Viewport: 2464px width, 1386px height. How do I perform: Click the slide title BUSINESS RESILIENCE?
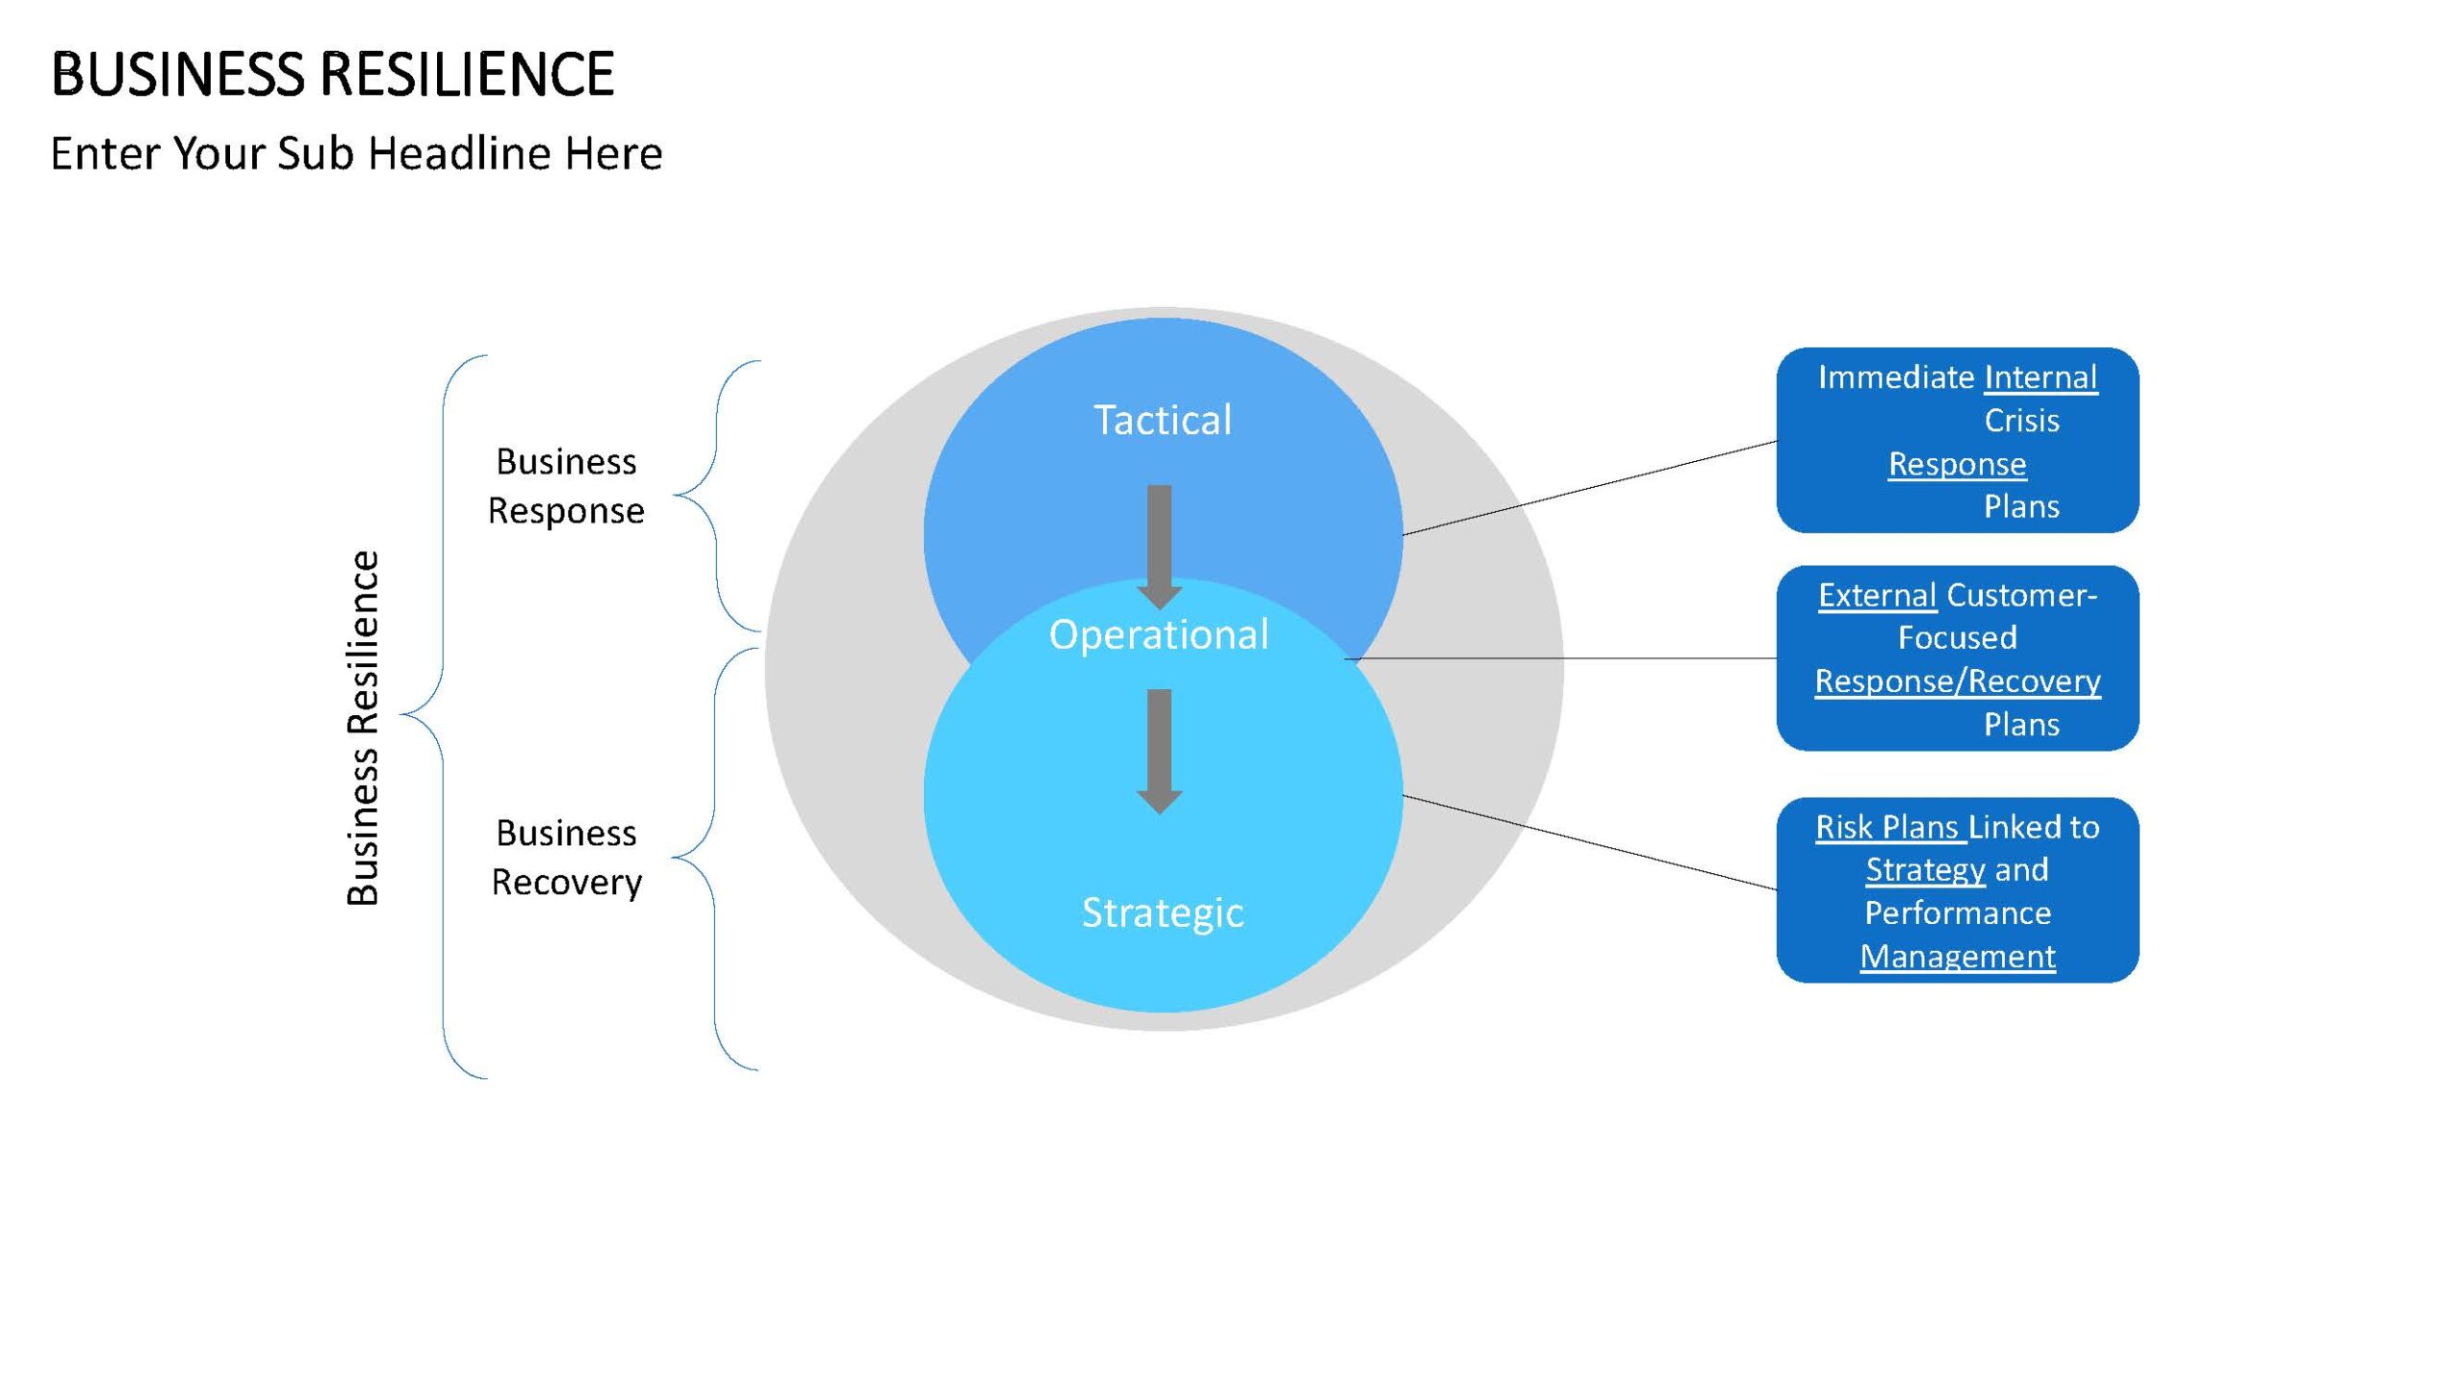332,74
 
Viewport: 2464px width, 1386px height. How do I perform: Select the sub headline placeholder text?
356,153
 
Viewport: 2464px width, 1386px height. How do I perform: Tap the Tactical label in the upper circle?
1163,420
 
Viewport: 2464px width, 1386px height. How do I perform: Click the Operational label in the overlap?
1159,634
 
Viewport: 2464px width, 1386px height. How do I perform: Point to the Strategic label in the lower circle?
1163,912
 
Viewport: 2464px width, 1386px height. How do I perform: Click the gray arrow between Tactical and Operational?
1160,547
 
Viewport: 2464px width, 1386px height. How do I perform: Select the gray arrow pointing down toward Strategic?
1160,752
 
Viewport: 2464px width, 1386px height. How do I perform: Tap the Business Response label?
566,486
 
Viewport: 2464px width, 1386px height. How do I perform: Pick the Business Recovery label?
566,858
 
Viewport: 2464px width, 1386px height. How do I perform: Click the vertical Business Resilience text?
363,728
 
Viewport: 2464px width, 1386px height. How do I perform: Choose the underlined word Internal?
2040,377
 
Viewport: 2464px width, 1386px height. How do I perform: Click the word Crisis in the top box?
2021,421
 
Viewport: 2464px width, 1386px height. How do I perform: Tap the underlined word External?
1877,595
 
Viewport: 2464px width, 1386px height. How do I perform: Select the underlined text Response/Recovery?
1958,680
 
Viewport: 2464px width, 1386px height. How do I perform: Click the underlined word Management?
1958,956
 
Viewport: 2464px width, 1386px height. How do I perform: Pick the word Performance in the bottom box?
1958,912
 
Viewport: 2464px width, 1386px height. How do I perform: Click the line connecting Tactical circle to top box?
1589,488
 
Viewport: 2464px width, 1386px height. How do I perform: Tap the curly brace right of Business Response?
716,496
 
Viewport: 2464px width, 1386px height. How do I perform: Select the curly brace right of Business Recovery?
714,859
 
